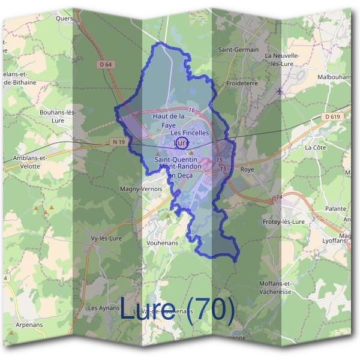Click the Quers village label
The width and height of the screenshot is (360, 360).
63,18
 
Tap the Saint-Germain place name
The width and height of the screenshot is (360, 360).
238,50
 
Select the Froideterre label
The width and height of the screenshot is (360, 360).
241,84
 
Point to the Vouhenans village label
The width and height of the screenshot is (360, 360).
161,244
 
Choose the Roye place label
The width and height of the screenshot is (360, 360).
247,170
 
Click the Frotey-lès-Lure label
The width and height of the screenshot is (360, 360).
284,221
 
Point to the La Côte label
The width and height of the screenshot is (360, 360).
315,147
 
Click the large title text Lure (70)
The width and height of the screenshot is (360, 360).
178,310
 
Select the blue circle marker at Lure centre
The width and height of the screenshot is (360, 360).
182,143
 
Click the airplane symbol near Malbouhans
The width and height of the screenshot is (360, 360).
280,91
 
